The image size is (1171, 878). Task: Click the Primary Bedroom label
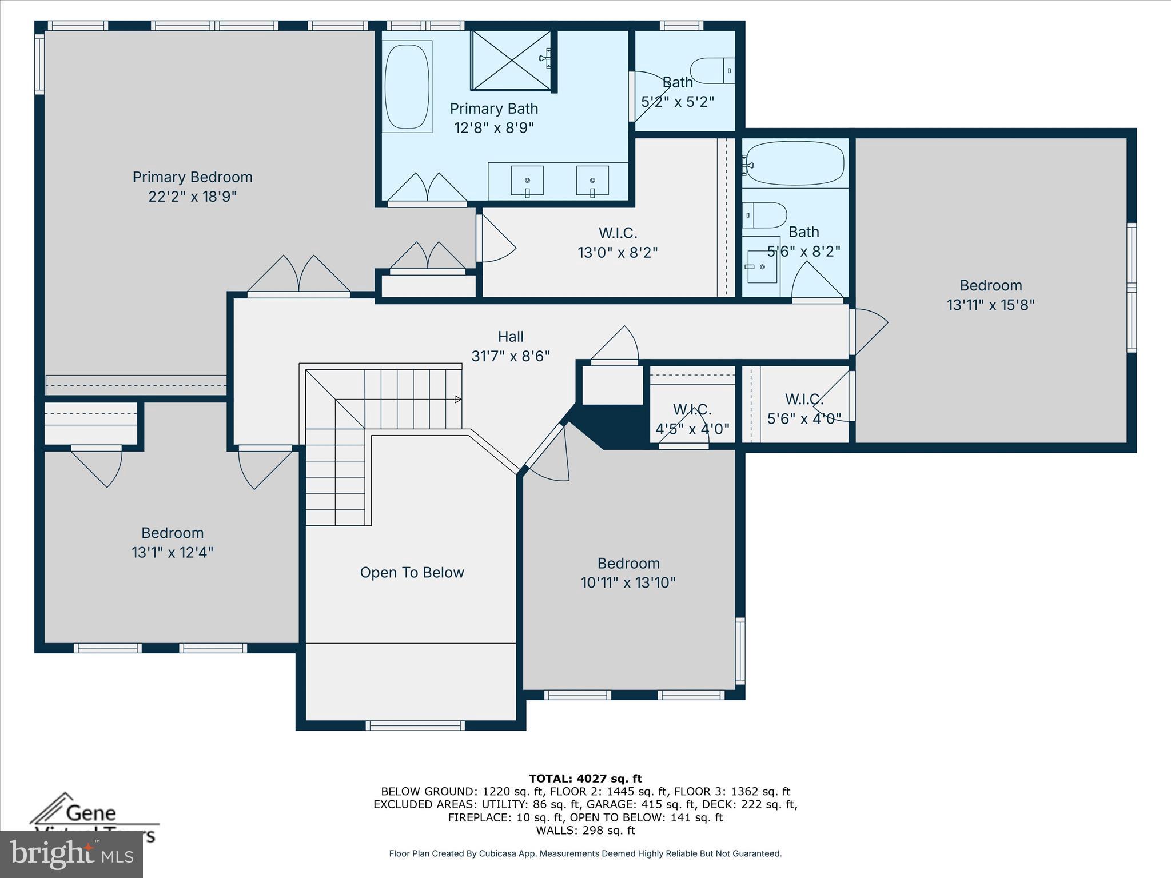(192, 177)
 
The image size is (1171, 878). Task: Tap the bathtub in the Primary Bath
(407, 87)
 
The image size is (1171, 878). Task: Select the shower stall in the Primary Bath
(511, 61)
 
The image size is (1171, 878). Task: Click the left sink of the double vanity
(527, 181)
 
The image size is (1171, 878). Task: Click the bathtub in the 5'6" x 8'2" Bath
(795, 163)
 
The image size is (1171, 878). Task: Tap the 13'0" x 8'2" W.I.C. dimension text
(618, 252)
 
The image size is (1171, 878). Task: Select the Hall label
(511, 337)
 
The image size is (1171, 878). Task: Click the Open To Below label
(412, 572)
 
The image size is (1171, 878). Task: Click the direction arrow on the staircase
(457, 399)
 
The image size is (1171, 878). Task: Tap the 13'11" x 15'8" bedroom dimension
(990, 305)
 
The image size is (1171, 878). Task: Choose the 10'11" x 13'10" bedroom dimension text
(628, 582)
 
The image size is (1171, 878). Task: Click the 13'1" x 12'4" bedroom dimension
(172, 552)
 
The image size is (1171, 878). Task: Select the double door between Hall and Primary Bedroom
(298, 277)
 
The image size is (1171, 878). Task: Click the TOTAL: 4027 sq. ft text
(585, 778)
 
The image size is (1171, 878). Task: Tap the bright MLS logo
(71, 854)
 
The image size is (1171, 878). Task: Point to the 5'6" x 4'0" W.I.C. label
(803, 400)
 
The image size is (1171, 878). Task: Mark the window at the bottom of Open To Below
(415, 725)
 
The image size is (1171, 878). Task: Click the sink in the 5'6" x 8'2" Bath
(762, 266)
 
